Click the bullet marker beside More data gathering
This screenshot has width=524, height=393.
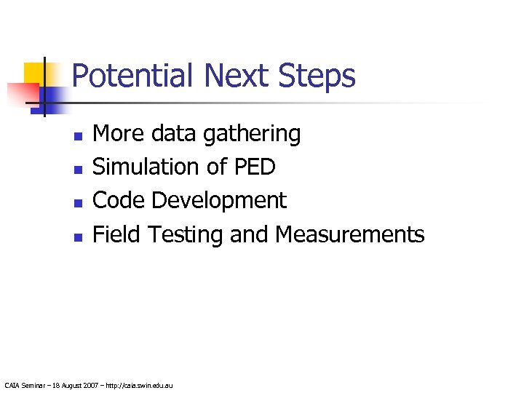(x=78, y=135)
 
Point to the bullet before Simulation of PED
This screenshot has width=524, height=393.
(x=78, y=169)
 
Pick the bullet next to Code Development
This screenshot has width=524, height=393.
(x=78, y=202)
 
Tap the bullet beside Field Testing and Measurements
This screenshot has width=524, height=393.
(x=78, y=236)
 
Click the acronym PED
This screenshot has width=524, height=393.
(x=254, y=167)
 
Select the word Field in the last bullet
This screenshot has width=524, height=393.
(x=116, y=234)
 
